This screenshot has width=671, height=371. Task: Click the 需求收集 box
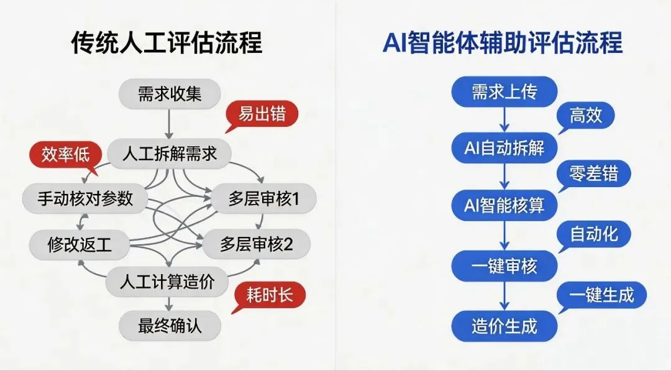[x=170, y=94]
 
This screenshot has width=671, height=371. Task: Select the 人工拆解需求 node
[x=170, y=153]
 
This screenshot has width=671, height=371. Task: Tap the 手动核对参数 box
[x=86, y=198]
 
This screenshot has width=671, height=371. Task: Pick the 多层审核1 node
[x=264, y=199]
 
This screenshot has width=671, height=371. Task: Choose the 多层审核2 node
[x=256, y=244]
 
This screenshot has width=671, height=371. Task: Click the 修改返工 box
[x=80, y=244]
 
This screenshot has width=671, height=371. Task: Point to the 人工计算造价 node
[x=168, y=283]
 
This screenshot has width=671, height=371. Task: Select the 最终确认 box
[x=170, y=325]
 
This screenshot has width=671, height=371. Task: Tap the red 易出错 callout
[x=262, y=115]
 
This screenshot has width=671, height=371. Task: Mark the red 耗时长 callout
[x=269, y=295]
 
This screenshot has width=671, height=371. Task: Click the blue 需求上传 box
[x=504, y=93]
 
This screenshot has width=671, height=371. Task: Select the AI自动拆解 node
[x=504, y=148]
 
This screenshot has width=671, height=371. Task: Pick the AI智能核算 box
[x=504, y=205]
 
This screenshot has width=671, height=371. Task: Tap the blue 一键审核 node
[x=504, y=267]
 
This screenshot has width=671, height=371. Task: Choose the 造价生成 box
[x=504, y=326]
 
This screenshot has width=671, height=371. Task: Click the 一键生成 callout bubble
[x=601, y=295]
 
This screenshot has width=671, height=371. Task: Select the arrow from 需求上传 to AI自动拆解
[x=504, y=119]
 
